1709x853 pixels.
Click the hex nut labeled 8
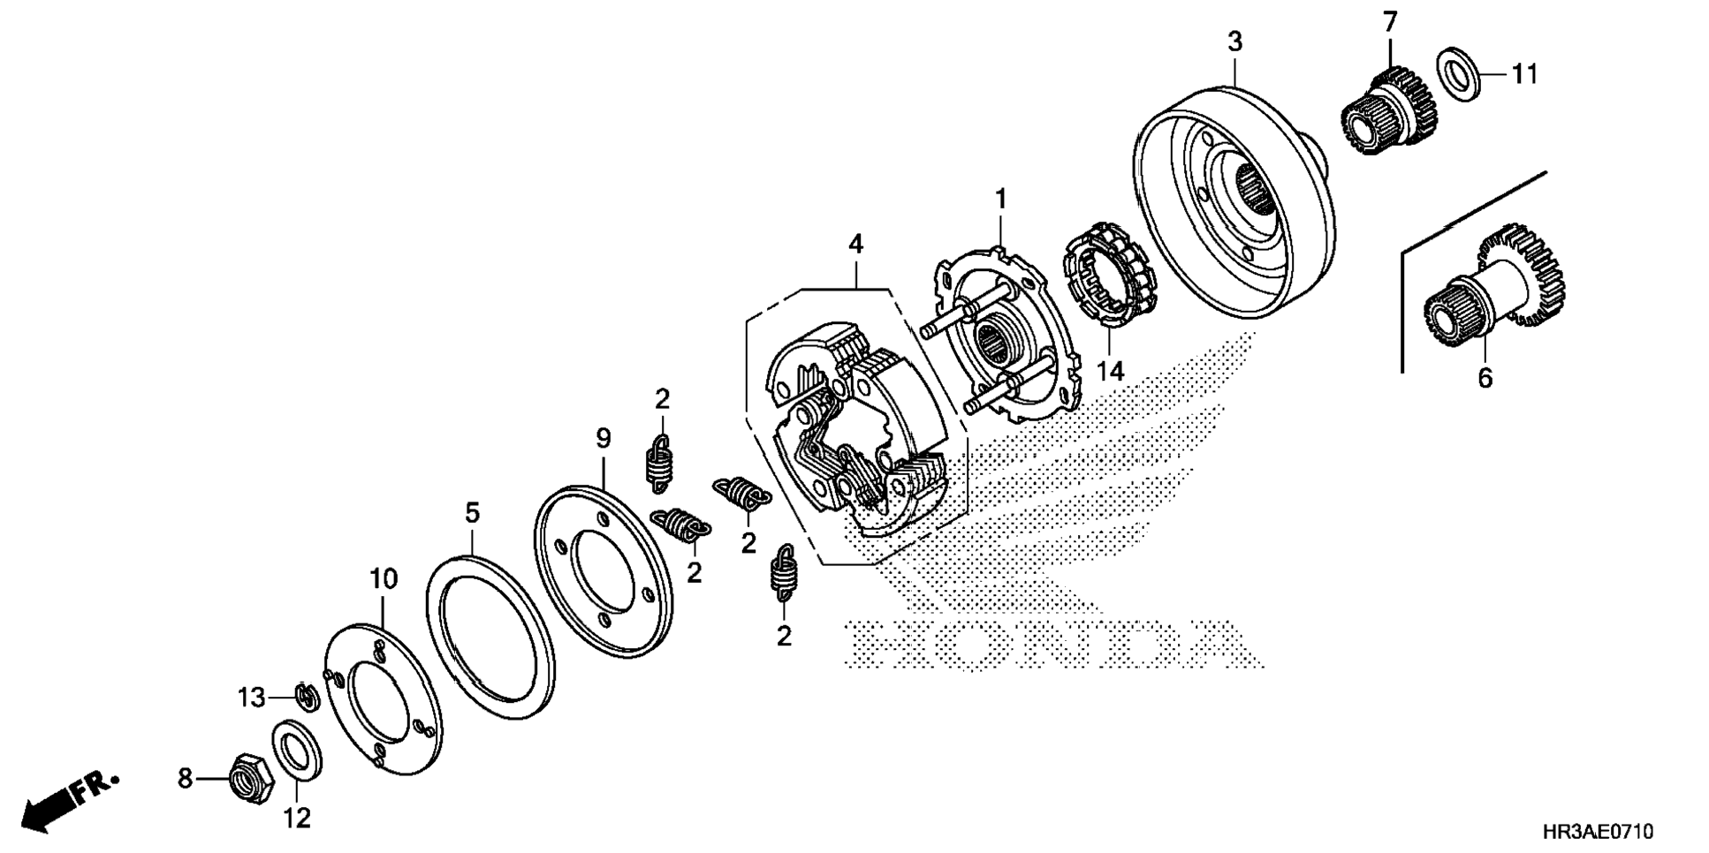click(x=250, y=778)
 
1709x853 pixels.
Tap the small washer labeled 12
click(x=297, y=751)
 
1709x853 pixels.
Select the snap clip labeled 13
click(x=306, y=696)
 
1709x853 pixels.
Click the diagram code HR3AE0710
click(x=1598, y=832)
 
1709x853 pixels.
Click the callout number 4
click(x=855, y=244)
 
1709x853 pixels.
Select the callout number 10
click(x=384, y=579)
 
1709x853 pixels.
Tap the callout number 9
click(x=604, y=438)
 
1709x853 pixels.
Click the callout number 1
click(x=1000, y=200)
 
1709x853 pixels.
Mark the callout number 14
click(x=1111, y=371)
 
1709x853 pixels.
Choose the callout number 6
click(x=1485, y=378)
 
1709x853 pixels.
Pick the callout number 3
click(x=1234, y=42)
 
